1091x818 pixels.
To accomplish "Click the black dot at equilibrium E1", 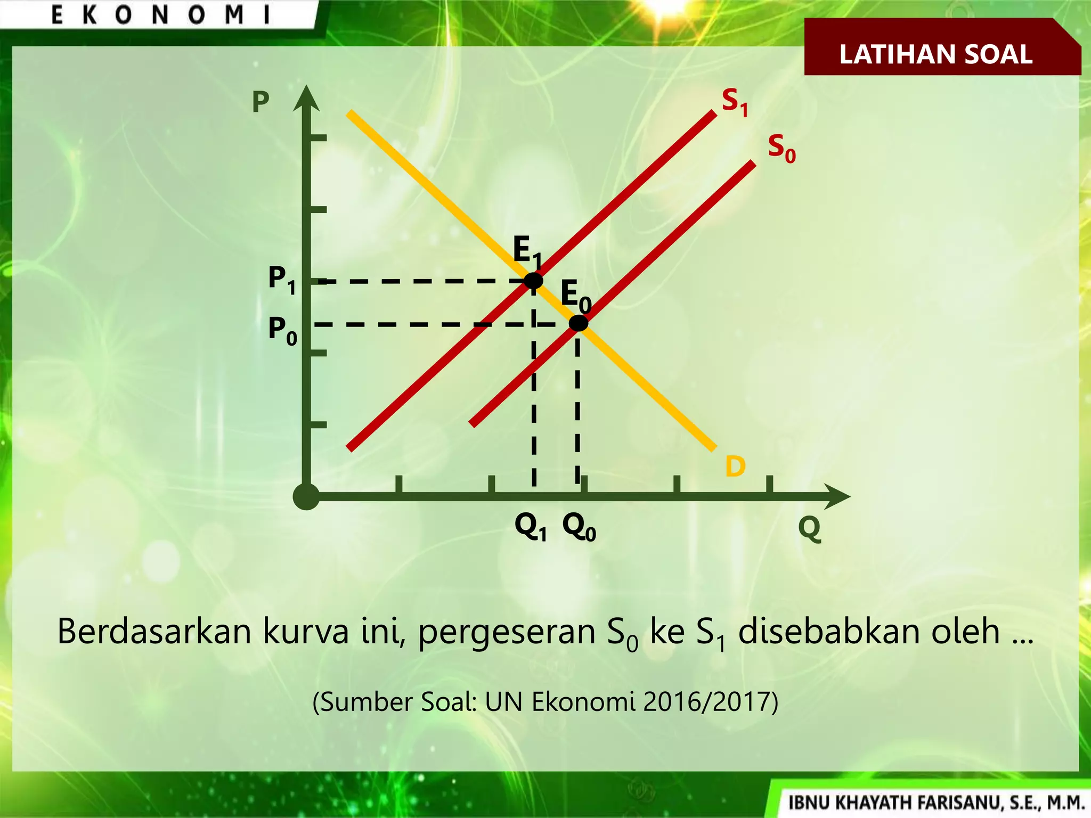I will (x=533, y=280).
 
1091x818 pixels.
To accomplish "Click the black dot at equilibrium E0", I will (x=579, y=323).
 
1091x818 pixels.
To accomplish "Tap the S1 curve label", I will (x=735, y=102).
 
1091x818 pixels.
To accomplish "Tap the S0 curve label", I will (x=781, y=148).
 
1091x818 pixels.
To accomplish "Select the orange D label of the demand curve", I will (x=735, y=467).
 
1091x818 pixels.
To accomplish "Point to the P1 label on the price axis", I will (x=282, y=279).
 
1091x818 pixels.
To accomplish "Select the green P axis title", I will (x=260, y=102).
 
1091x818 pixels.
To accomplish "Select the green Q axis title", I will (x=809, y=528).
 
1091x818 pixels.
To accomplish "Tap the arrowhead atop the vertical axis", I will (x=306, y=98).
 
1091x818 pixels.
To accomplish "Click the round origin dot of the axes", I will (x=306, y=497).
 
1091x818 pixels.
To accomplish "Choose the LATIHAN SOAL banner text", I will (x=936, y=54).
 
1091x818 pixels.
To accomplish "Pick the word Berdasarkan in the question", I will (x=154, y=632).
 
